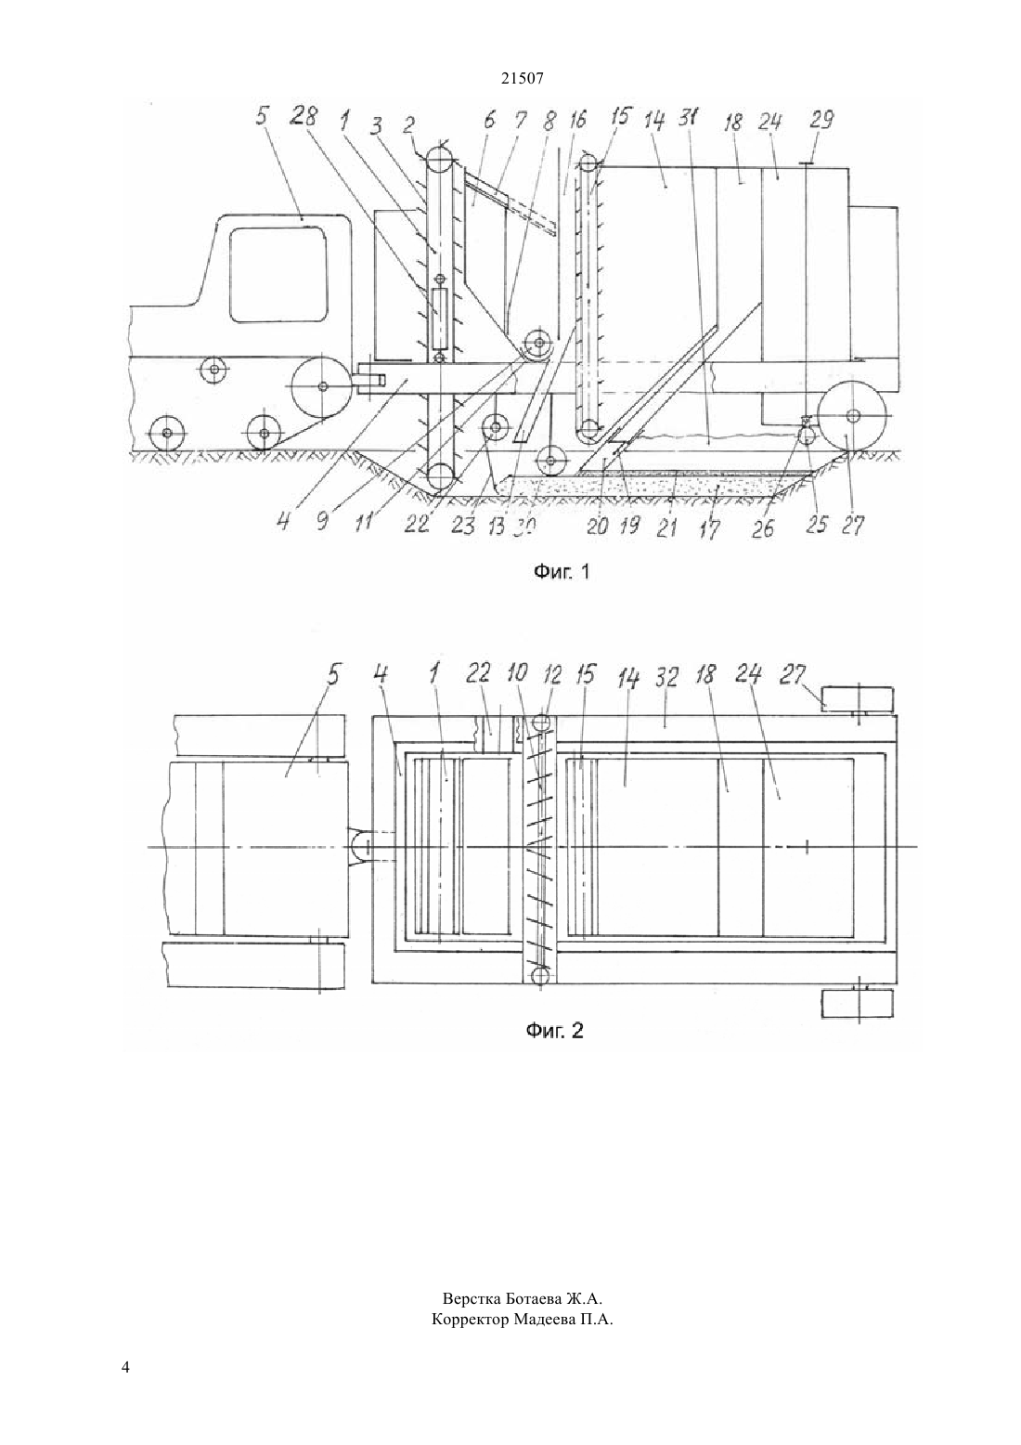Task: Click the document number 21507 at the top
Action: tap(522, 79)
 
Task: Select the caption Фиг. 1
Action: tap(562, 571)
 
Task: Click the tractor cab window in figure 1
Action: tap(279, 274)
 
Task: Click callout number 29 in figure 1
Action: tap(821, 120)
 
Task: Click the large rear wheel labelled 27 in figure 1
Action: tap(852, 416)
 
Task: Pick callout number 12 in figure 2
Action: tap(551, 674)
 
